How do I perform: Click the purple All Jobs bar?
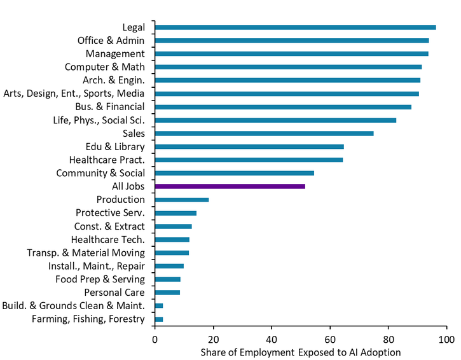pyautogui.click(x=230, y=186)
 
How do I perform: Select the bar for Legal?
pyautogui.click(x=295, y=27)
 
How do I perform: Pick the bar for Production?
pyautogui.click(x=182, y=200)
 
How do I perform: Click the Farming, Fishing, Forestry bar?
pyautogui.click(x=159, y=319)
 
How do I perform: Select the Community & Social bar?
pyautogui.click(x=235, y=173)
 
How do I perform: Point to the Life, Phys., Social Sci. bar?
pyautogui.click(x=275, y=120)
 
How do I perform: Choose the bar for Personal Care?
pyautogui.click(x=168, y=293)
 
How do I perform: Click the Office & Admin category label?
pyautogui.click(x=111, y=40)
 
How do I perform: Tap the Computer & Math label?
pyautogui.click(x=105, y=67)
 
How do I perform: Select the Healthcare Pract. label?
pyautogui.click(x=107, y=160)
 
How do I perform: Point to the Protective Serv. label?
pyautogui.click(x=110, y=213)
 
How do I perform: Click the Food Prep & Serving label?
pyautogui.click(x=100, y=279)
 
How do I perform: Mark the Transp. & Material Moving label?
pyautogui.click(x=86, y=253)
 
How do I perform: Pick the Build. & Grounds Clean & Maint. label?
pyautogui.click(x=74, y=306)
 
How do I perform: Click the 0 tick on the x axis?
pyautogui.click(x=155, y=339)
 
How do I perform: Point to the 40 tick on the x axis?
pyautogui.click(x=272, y=339)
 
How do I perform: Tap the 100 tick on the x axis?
pyautogui.click(x=447, y=339)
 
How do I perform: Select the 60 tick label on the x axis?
pyautogui.click(x=331, y=339)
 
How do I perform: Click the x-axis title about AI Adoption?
pyautogui.click(x=301, y=352)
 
